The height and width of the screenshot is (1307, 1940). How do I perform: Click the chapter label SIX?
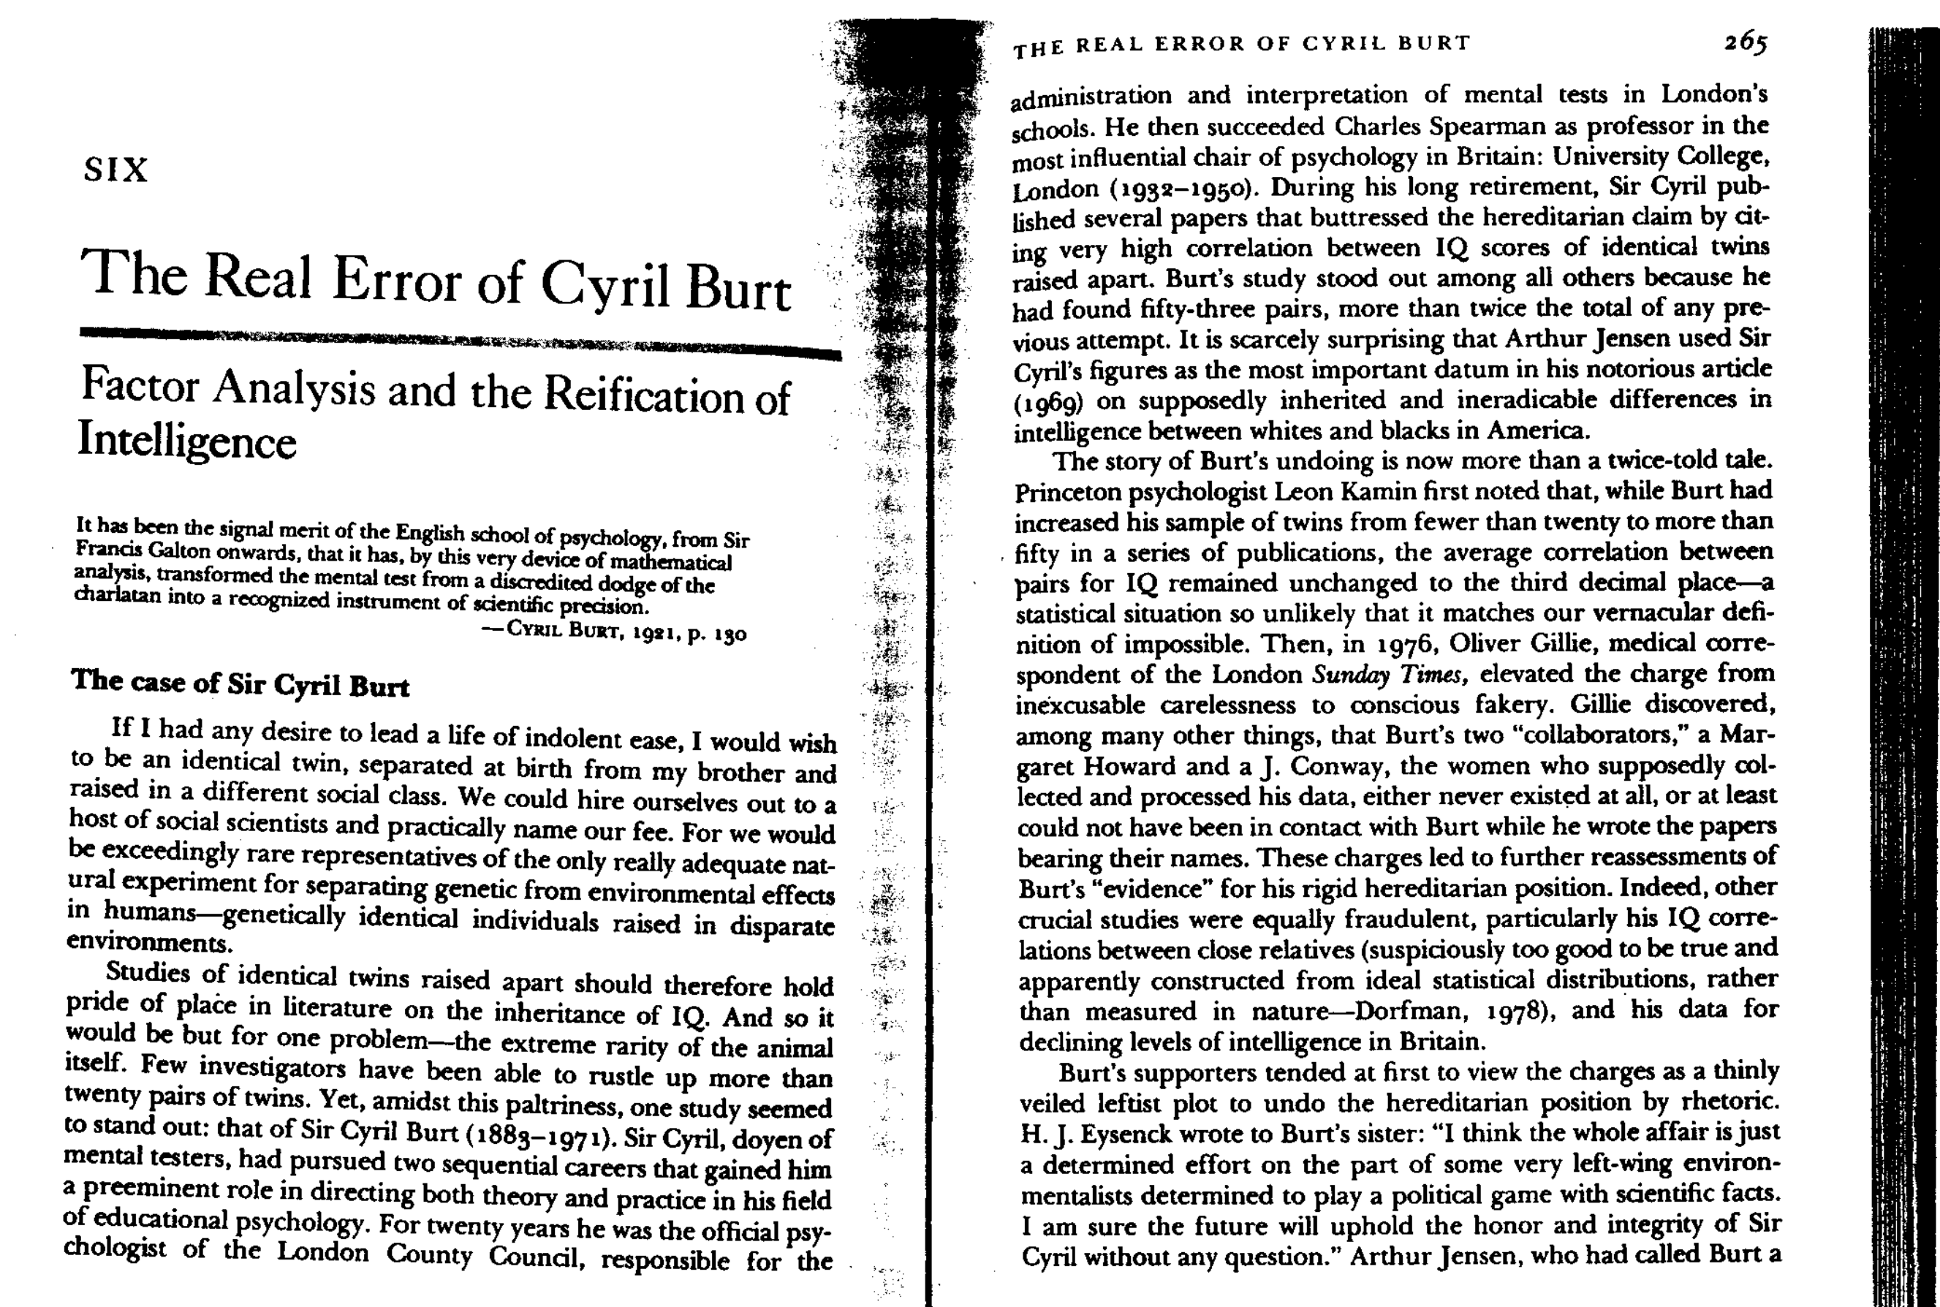(115, 171)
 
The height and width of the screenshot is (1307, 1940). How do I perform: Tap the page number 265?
(1745, 42)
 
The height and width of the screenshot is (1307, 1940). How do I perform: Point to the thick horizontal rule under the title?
(458, 342)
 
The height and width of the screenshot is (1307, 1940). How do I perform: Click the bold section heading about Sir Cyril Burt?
(240, 683)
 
